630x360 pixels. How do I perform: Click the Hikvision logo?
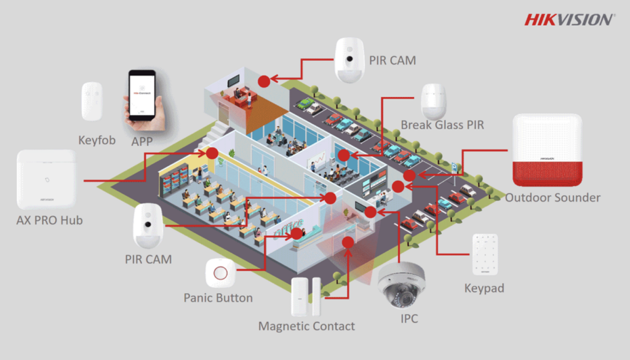point(569,19)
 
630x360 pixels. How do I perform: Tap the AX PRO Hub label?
point(49,220)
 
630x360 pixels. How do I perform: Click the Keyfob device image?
point(91,102)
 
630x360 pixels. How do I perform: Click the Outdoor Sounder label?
point(552,198)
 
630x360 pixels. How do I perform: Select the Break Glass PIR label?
point(442,125)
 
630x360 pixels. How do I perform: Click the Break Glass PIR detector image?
point(433,101)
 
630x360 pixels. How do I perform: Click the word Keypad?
point(485,288)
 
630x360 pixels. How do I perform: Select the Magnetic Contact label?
point(306,326)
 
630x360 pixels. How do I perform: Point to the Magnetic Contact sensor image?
point(306,296)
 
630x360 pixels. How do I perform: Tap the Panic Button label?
point(218,298)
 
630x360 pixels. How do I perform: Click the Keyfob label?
point(97,140)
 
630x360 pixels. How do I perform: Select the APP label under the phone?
point(142,140)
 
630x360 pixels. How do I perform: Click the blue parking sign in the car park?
point(454,165)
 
